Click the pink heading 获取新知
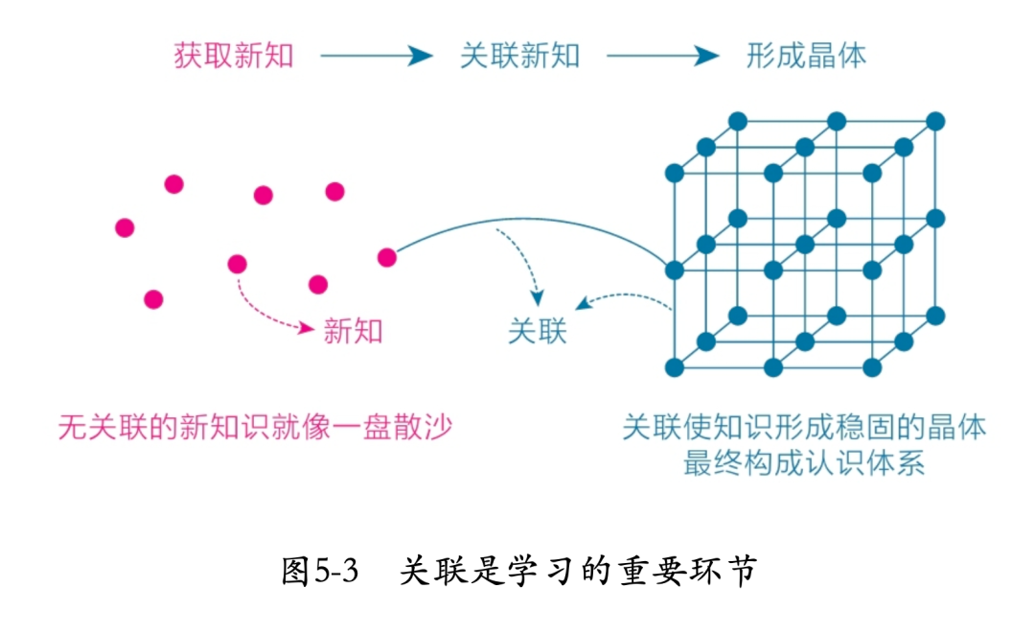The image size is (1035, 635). pyautogui.click(x=233, y=56)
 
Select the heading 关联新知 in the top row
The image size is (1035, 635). pyautogui.click(x=519, y=56)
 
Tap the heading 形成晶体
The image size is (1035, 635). pyautogui.click(x=806, y=56)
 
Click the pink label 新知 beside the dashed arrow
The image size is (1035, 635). pyautogui.click(x=353, y=331)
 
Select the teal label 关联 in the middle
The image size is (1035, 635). pyautogui.click(x=537, y=331)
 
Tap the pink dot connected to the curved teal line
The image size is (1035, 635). pyautogui.click(x=387, y=257)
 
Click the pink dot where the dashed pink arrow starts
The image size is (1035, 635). pyautogui.click(x=238, y=264)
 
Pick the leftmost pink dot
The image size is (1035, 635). pyautogui.click(x=125, y=227)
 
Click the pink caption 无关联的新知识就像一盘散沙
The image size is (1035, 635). pyautogui.click(x=255, y=427)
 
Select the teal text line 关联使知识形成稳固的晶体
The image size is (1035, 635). pyautogui.click(x=804, y=427)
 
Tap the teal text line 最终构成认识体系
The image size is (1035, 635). pyautogui.click(x=804, y=464)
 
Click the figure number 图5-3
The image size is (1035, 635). pyautogui.click(x=320, y=573)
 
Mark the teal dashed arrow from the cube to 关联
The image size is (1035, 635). pyautogui.click(x=623, y=300)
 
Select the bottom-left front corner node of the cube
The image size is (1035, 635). pyautogui.click(x=674, y=367)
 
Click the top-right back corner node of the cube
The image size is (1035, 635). pyautogui.click(x=936, y=122)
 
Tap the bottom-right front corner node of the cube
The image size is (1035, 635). pyautogui.click(x=872, y=367)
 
